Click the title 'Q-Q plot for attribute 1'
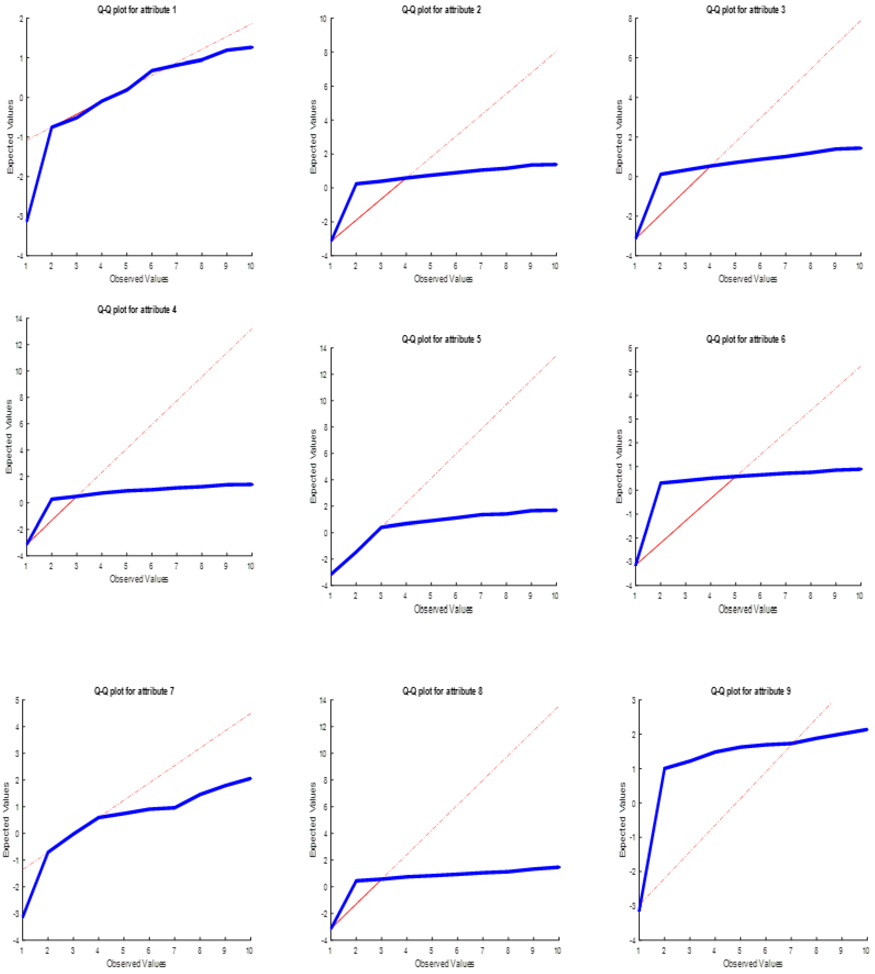tap(137, 10)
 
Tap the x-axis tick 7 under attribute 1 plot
tap(176, 266)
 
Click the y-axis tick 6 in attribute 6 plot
tap(630, 348)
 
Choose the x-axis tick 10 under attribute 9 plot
tap(865, 950)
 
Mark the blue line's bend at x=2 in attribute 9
tap(664, 768)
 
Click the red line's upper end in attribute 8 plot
tap(558, 707)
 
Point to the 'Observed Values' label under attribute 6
tap(748, 609)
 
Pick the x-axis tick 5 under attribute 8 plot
tap(431, 950)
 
